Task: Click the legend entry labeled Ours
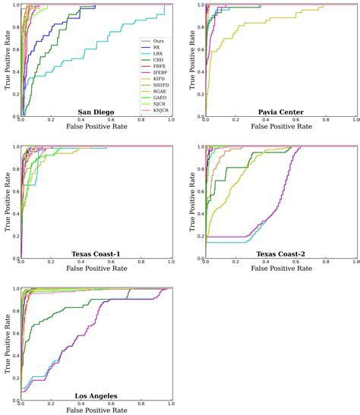click(156, 40)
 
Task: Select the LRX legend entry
click(156, 55)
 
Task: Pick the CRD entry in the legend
click(156, 63)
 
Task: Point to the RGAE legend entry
click(157, 102)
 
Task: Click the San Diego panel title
click(96, 112)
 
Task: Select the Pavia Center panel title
click(281, 112)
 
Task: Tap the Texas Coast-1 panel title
click(96, 253)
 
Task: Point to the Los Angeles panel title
click(96, 396)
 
